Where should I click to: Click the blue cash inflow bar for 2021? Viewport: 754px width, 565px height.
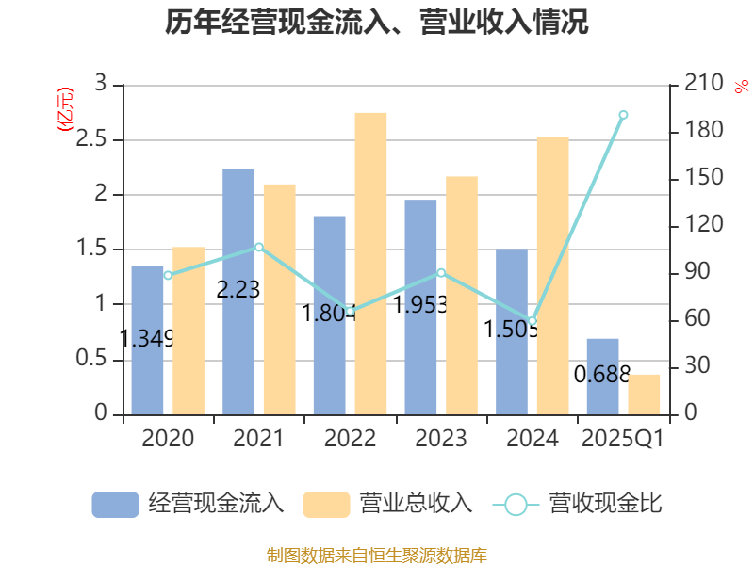[x=238, y=291]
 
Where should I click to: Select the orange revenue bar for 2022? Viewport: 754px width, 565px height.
[x=370, y=263]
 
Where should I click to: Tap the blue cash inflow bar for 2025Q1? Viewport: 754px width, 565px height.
[x=602, y=376]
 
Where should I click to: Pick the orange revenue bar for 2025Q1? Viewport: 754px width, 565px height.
[x=645, y=394]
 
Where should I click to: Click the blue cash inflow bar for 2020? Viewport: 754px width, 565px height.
[x=147, y=339]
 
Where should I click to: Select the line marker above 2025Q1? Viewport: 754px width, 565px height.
[x=623, y=115]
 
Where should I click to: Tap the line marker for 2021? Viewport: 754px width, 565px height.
[x=259, y=247]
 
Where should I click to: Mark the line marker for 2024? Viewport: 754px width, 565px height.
[x=532, y=321]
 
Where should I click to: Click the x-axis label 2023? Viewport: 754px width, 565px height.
[x=440, y=439]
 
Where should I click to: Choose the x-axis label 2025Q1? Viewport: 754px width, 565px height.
[x=623, y=439]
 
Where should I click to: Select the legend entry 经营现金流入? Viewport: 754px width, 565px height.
[x=188, y=504]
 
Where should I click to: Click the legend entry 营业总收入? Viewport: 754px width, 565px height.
[x=387, y=504]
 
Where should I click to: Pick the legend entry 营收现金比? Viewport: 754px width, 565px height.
[x=579, y=504]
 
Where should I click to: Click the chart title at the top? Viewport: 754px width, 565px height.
[x=377, y=23]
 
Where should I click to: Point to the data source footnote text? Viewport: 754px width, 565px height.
[x=377, y=555]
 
